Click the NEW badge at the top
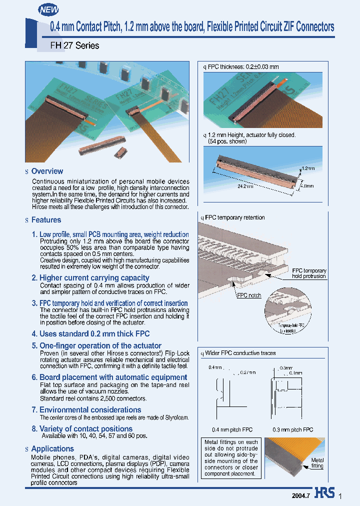click(x=48, y=9)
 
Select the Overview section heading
click(x=47, y=171)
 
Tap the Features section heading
click(x=46, y=220)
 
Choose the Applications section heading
click(x=52, y=448)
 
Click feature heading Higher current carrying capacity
click(x=94, y=277)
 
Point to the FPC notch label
click(x=248, y=295)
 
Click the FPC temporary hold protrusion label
click(x=308, y=273)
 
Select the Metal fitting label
click(x=317, y=463)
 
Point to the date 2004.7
click(x=301, y=494)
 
